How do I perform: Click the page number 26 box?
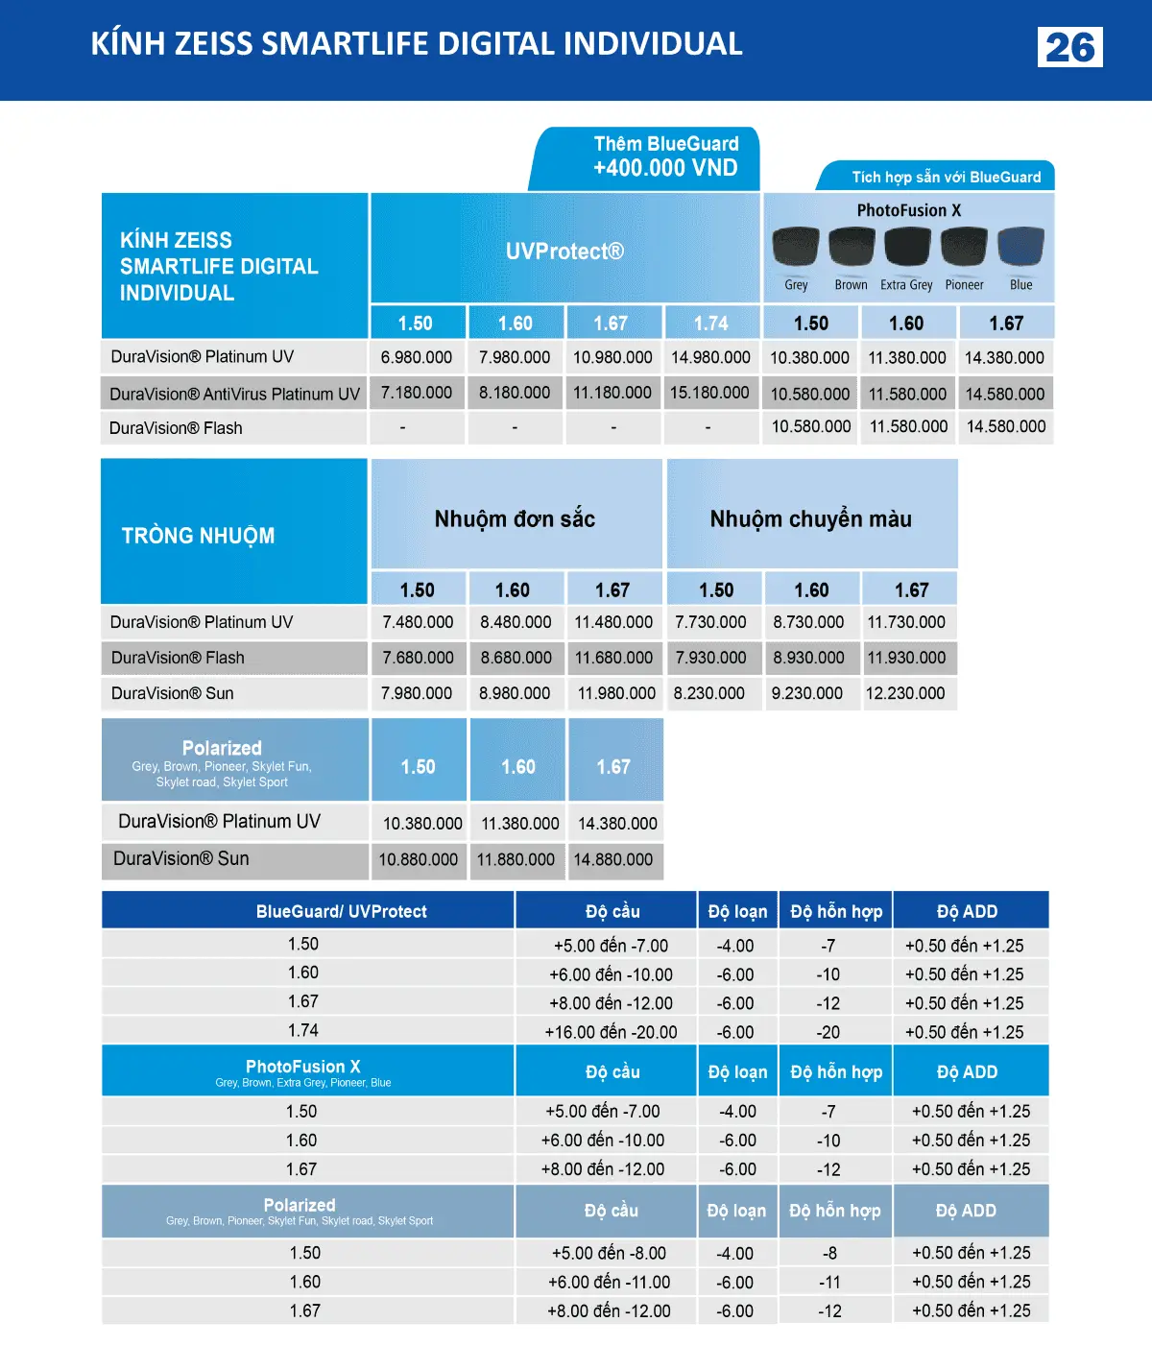pyautogui.click(x=1069, y=47)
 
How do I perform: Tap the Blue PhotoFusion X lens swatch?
pyautogui.click(x=1020, y=247)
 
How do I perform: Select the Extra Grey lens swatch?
pyautogui.click(x=907, y=247)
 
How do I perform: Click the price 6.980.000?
pyautogui.click(x=417, y=357)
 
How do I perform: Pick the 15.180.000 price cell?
pyautogui.click(x=709, y=393)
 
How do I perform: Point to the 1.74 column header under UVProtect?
pyautogui.click(x=711, y=324)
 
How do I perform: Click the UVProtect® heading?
pyautogui.click(x=564, y=252)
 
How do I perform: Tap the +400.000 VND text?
pyautogui.click(x=665, y=168)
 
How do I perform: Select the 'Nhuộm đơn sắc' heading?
pyautogui.click(x=515, y=519)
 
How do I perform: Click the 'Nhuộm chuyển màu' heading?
pyautogui.click(x=810, y=519)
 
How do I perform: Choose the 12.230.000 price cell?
pyautogui.click(x=905, y=693)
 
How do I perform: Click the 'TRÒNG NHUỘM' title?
pyautogui.click(x=198, y=536)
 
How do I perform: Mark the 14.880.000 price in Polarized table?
pyautogui.click(x=613, y=860)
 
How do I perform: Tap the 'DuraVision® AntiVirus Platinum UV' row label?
pyautogui.click(x=234, y=394)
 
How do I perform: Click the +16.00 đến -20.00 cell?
pyautogui.click(x=611, y=1032)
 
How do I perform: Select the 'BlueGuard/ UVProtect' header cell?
pyautogui.click(x=341, y=911)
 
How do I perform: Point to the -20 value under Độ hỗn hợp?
pyautogui.click(x=828, y=1032)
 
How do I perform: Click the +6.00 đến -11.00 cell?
pyautogui.click(x=609, y=1283)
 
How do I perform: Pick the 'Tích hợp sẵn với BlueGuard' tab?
pyautogui.click(x=946, y=177)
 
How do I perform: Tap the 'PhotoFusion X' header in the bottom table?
pyautogui.click(x=303, y=1067)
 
